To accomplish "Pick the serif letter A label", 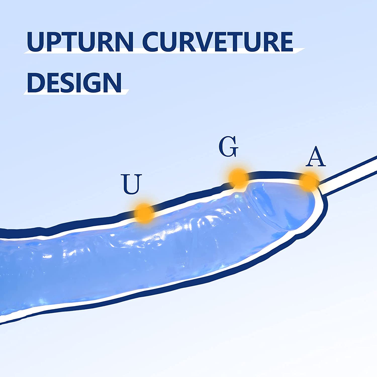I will (x=316, y=157).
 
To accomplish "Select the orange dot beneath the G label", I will (x=239, y=178).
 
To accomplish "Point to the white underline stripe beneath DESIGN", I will (x=75, y=92).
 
